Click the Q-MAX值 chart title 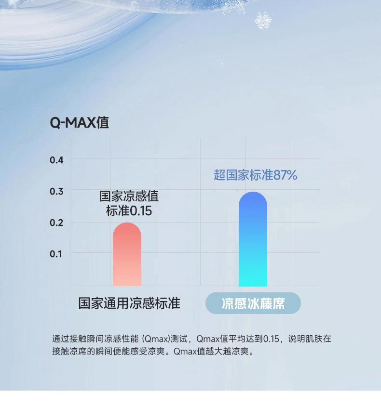coord(79,122)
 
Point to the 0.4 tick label coord(56,160)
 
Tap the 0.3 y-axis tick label coord(56,191)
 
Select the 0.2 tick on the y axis coord(56,223)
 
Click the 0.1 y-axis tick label coord(56,254)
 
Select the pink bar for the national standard coord(127,254)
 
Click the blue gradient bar coord(253,239)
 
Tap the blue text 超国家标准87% coord(256,175)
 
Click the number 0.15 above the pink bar coord(141,211)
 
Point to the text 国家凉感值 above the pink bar coord(129,196)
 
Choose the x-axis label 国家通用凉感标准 coord(129,303)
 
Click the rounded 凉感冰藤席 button coord(253,303)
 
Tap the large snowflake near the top coord(263,20)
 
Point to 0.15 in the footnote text coord(271,339)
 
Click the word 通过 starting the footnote coord(61,339)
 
